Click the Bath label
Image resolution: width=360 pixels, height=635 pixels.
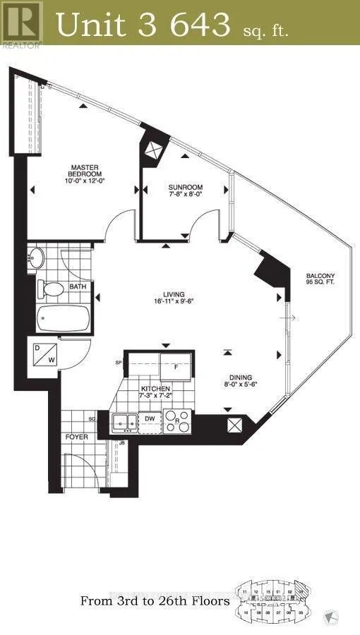pos(78,287)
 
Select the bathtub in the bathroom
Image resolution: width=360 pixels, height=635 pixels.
pos(64,319)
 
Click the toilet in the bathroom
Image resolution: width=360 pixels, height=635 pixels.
pos(52,289)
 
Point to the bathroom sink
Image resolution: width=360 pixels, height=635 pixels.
pos(37,259)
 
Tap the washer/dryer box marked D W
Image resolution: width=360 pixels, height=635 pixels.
pos(44,354)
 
